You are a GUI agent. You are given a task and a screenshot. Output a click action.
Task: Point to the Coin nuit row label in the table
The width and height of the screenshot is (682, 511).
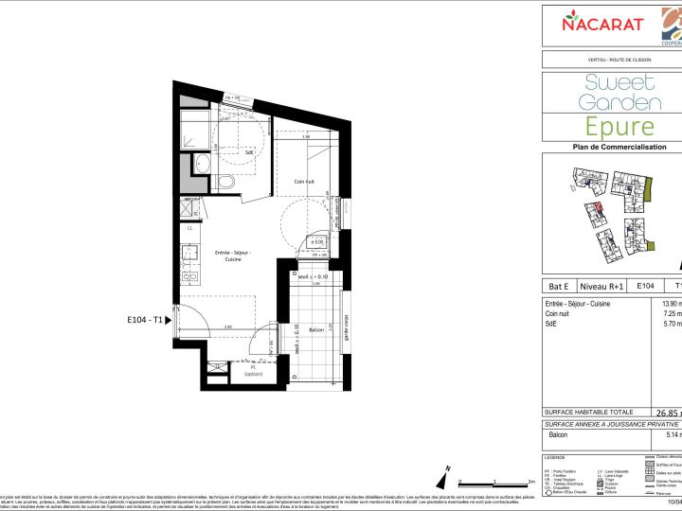point(563,314)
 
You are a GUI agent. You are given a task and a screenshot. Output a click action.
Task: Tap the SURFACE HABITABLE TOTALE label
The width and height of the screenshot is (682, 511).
point(590,413)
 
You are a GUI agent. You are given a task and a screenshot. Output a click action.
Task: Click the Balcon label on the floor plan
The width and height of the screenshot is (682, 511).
point(317,329)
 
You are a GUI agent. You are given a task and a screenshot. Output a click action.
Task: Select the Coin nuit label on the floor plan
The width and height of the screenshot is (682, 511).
point(304,181)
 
